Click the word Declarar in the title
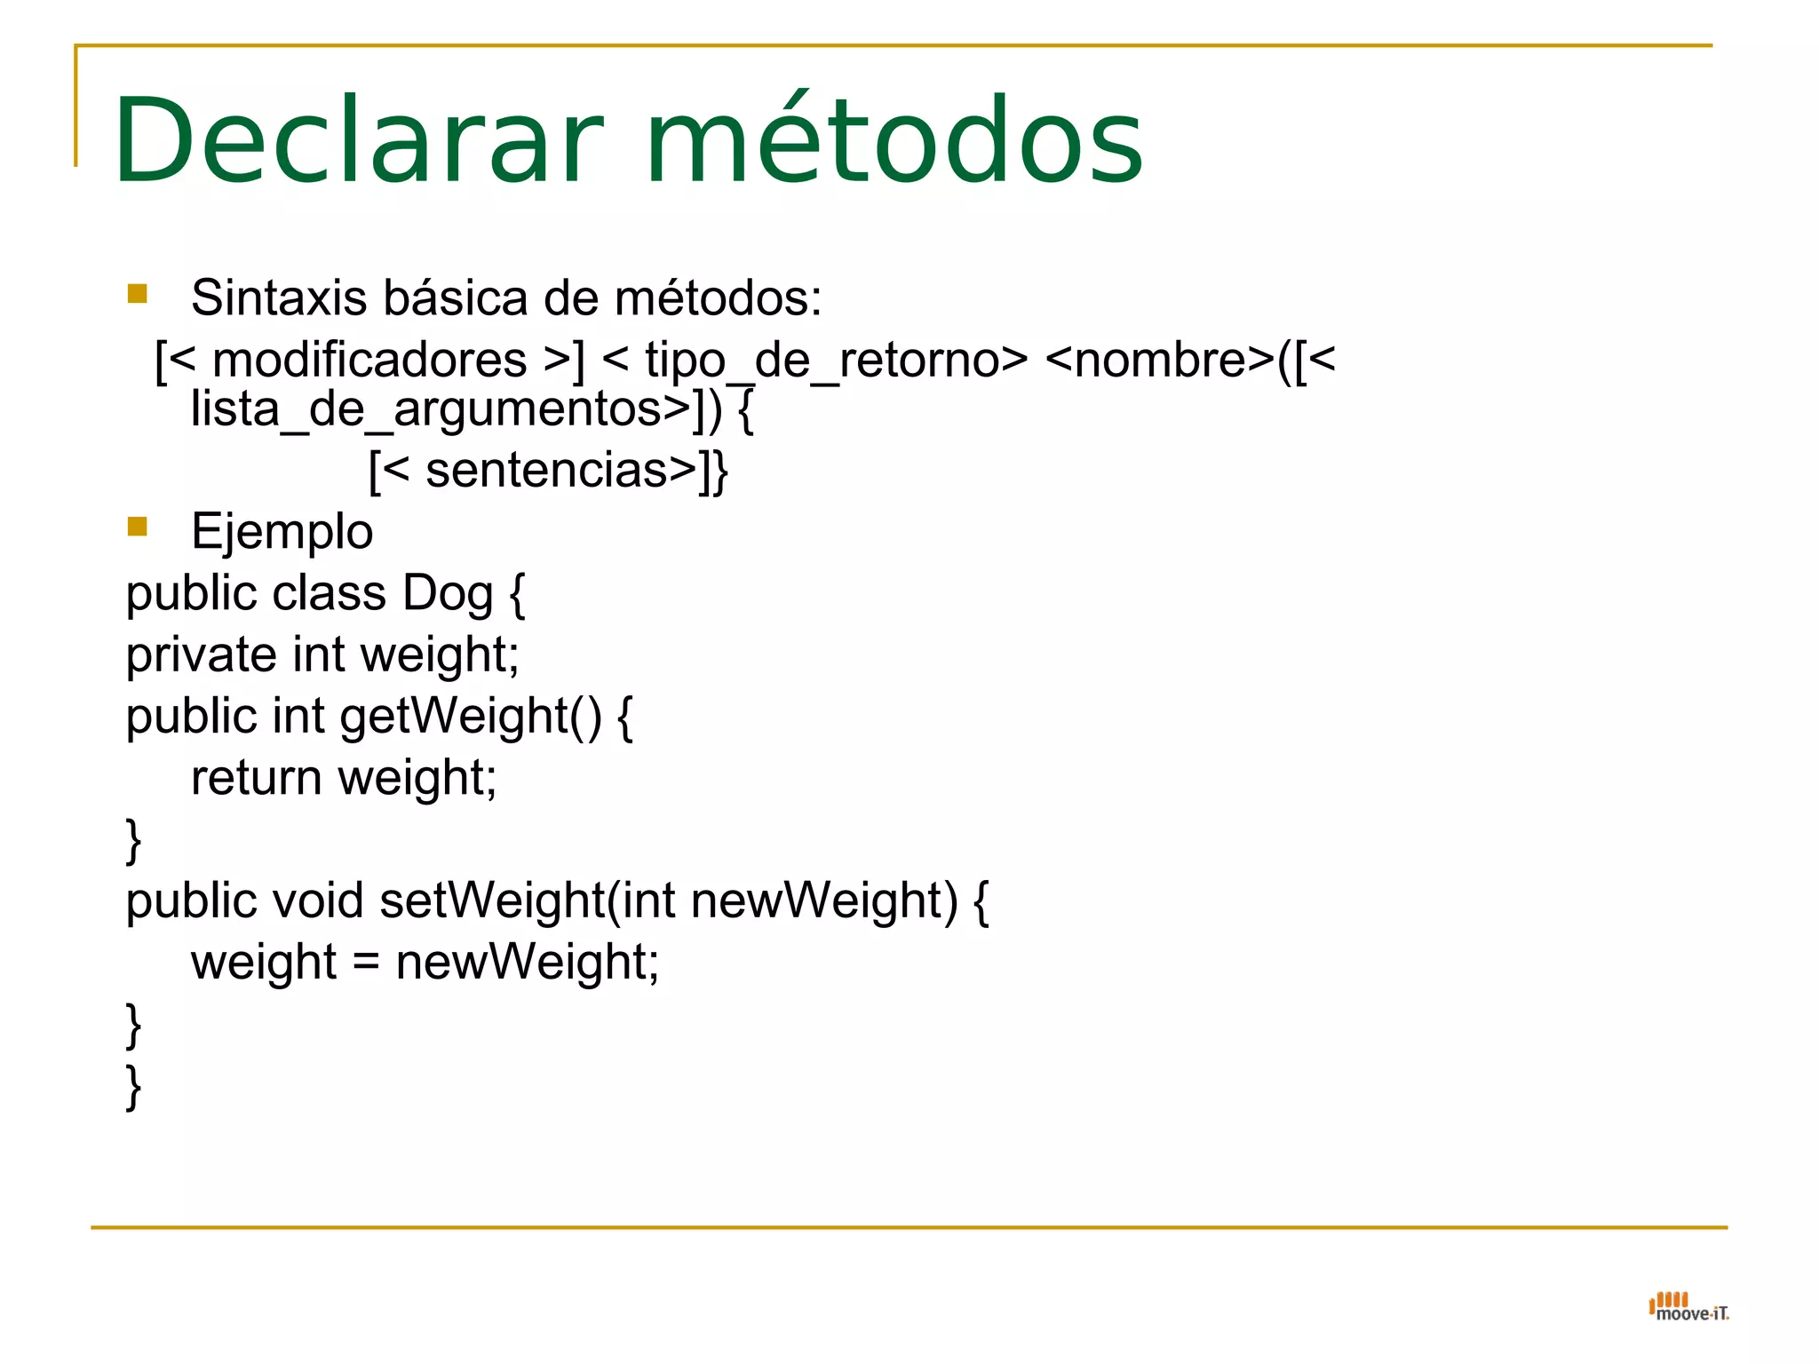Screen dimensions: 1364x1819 358,142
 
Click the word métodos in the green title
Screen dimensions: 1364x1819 894,142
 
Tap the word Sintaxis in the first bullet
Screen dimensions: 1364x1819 278,297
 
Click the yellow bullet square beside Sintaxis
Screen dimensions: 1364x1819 137,293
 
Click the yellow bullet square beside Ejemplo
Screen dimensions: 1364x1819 137,527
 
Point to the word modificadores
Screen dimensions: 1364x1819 369,361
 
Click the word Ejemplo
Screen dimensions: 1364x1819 282,532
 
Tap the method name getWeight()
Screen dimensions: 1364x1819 471,717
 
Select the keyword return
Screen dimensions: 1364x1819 256,778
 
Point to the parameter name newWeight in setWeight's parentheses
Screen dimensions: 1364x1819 823,900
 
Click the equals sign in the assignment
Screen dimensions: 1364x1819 366,963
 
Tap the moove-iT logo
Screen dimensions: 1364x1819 1688,1307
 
